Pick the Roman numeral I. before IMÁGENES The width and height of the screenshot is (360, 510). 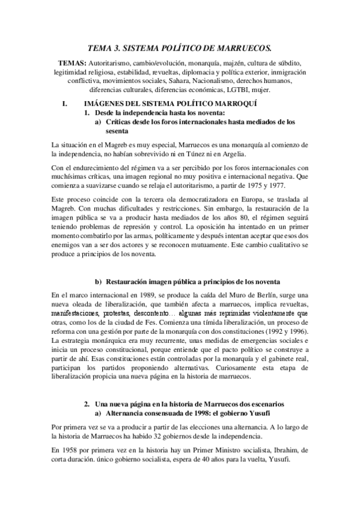(x=65, y=104)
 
